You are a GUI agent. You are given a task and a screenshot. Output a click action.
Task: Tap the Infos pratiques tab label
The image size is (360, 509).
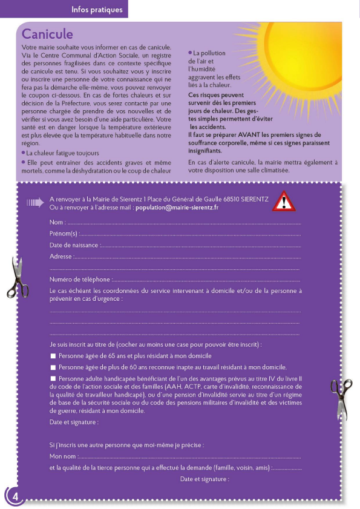tap(97, 10)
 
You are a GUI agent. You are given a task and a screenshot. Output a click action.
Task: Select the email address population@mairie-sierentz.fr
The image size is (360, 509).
tap(177, 208)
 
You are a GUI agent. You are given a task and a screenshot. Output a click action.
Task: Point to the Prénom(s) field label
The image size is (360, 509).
tap(64, 234)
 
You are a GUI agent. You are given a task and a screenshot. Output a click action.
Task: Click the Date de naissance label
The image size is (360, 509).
tap(74, 245)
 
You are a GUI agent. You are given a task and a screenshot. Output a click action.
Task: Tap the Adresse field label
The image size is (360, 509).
tap(61, 256)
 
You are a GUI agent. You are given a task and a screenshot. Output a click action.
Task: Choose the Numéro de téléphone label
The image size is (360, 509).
tap(80, 279)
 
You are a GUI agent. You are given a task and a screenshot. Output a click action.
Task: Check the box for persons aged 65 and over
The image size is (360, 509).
tap(53, 356)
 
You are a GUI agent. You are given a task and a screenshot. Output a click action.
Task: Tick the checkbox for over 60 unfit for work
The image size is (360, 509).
tap(53, 367)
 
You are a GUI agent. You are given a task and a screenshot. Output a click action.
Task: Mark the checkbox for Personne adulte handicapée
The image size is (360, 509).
tap(53, 379)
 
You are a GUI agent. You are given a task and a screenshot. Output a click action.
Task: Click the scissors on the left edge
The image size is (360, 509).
tap(20, 277)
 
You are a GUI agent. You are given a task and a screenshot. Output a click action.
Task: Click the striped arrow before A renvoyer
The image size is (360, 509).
tap(35, 203)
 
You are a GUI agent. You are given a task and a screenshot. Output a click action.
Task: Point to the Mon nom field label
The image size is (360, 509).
tap(63, 456)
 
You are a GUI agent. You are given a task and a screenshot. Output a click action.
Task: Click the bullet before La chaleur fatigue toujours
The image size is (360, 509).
tap(23, 153)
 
